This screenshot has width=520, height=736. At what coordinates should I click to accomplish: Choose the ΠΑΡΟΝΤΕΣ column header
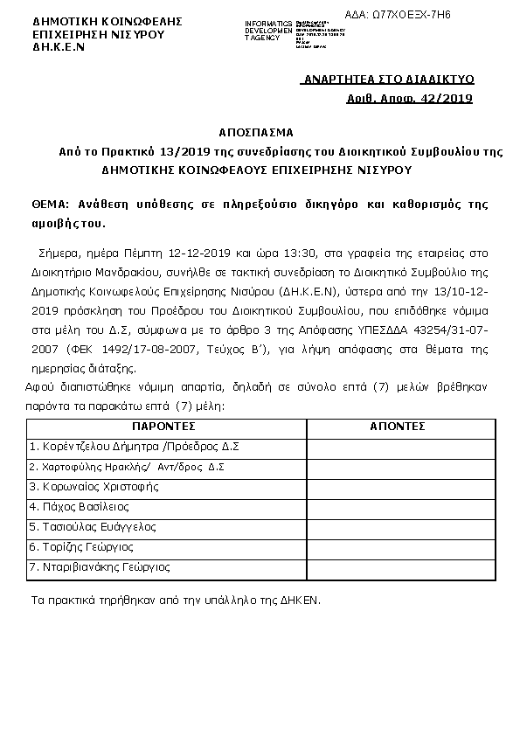tap(166, 427)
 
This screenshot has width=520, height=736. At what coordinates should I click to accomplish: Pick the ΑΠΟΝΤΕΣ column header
tap(397, 427)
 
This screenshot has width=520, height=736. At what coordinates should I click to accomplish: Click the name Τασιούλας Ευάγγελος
tap(93, 527)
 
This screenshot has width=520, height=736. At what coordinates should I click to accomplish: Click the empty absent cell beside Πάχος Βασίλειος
tap(397, 507)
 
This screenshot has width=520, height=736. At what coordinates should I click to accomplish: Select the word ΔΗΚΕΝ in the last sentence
tap(302, 601)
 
